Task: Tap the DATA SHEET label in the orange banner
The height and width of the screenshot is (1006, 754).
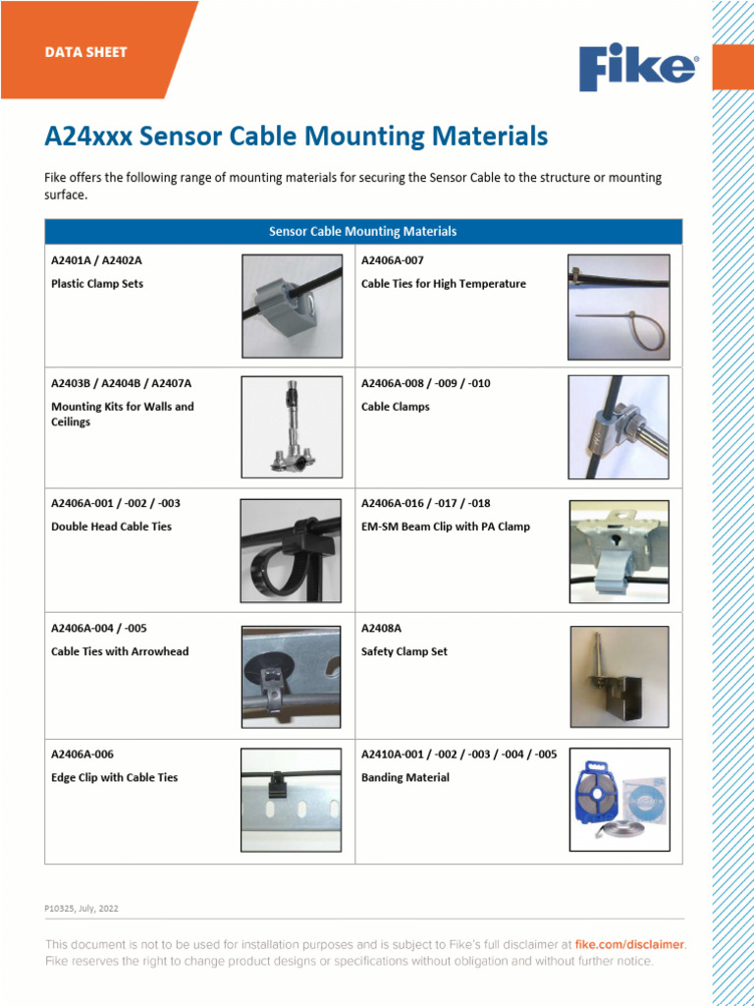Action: click(x=85, y=52)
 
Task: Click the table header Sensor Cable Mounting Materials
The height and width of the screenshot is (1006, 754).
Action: click(x=363, y=232)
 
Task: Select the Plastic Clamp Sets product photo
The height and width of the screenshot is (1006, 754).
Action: click(x=292, y=306)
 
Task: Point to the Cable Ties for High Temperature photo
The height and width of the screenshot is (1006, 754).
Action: click(x=619, y=307)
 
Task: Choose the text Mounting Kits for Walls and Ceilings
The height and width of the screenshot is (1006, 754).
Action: click(x=122, y=414)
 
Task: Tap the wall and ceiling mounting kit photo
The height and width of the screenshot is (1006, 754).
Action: click(x=292, y=425)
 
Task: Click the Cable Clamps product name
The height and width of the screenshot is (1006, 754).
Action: click(x=396, y=407)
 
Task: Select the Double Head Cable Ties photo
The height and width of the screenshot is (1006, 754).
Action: click(x=292, y=550)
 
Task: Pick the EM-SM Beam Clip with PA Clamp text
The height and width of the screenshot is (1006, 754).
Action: click(x=445, y=527)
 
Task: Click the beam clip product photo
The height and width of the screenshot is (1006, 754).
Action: click(x=619, y=551)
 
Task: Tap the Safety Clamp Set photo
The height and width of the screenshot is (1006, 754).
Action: click(x=619, y=676)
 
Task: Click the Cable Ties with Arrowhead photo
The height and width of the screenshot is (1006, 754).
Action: click(x=292, y=675)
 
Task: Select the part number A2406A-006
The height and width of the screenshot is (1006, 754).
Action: click(x=82, y=754)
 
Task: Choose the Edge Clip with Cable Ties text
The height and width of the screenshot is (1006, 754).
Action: click(x=114, y=777)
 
